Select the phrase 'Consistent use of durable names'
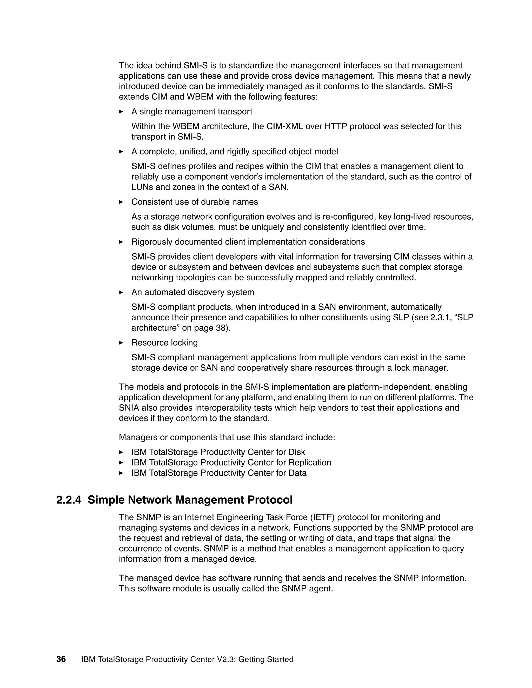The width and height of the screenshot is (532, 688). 195,202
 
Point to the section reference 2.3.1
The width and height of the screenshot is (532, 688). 440,318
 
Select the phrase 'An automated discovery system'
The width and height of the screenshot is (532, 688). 192,292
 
